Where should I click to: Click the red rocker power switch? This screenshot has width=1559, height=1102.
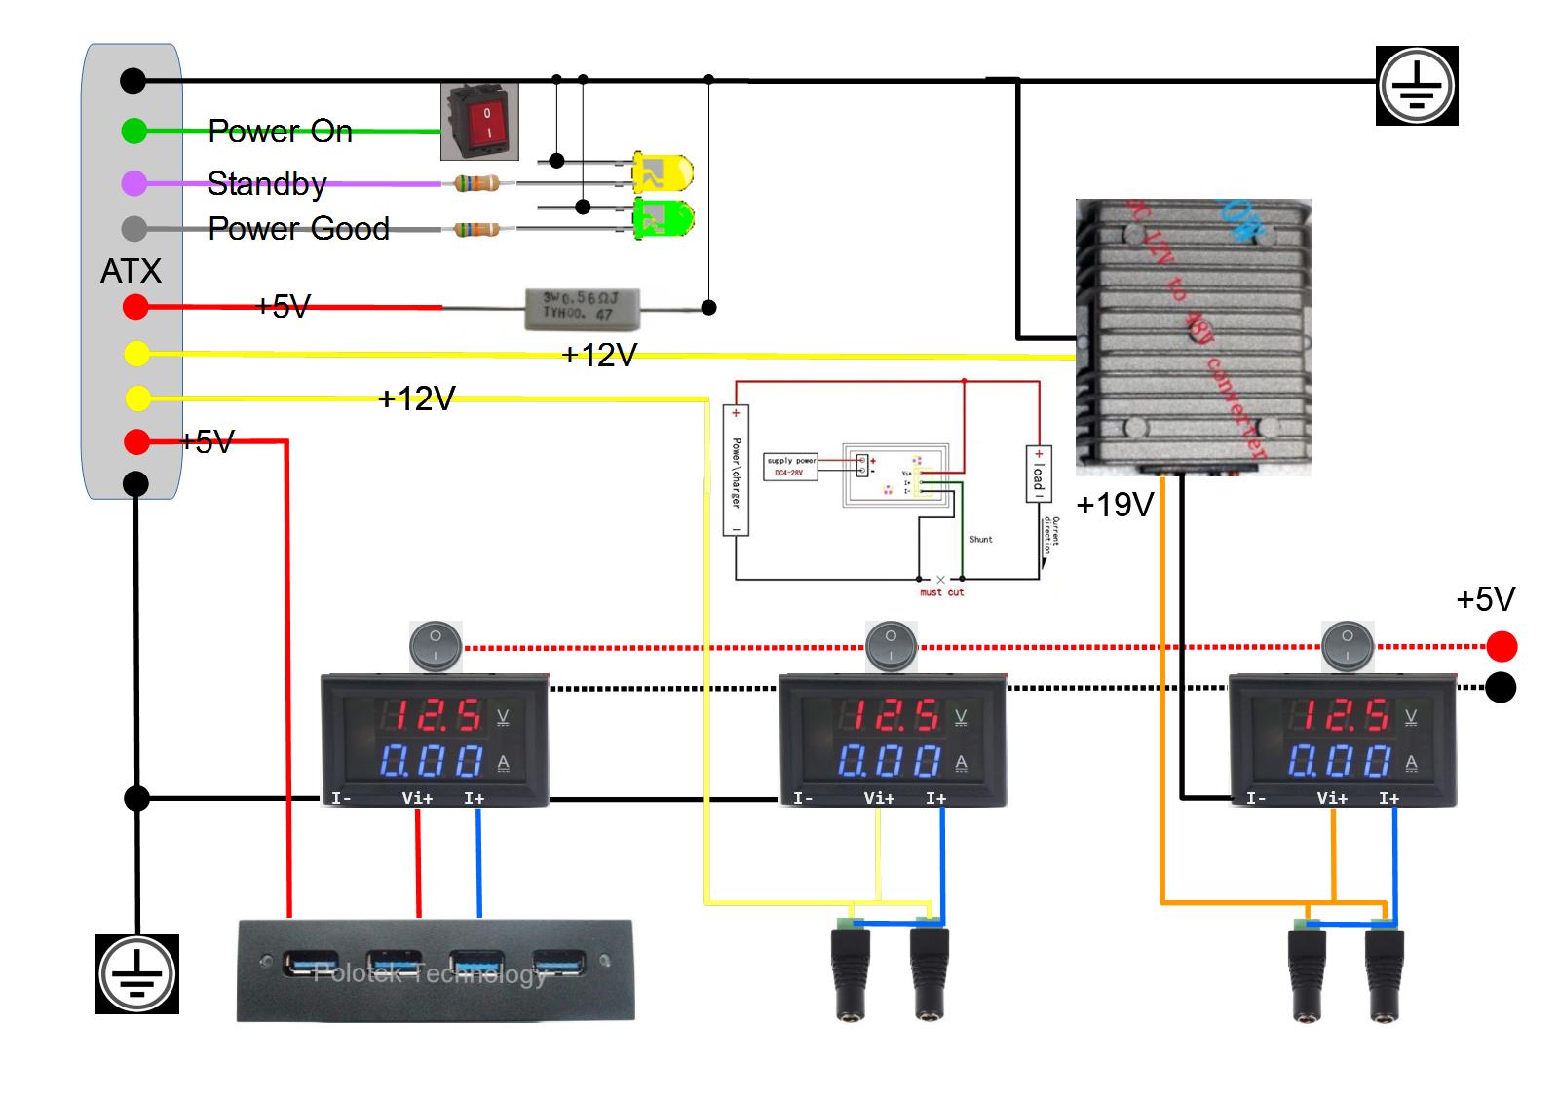pyautogui.click(x=479, y=122)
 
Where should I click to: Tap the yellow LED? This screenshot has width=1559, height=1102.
pyautogui.click(x=663, y=172)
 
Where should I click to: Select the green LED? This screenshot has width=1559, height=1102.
pyautogui.click(x=663, y=218)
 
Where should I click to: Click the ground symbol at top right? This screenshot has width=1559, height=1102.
pyautogui.click(x=1417, y=85)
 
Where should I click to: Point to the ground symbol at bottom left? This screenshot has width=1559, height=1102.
pyautogui.click(x=137, y=973)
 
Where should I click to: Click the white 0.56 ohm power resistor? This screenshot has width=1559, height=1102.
pyautogui.click(x=583, y=307)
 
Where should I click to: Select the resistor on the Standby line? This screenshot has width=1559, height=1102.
pyautogui.click(x=477, y=182)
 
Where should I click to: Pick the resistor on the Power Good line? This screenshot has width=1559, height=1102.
pyautogui.click(x=477, y=229)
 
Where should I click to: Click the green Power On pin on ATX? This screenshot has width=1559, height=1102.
pyautogui.click(x=134, y=131)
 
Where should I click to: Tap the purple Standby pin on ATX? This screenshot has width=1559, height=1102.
pyautogui.click(x=134, y=182)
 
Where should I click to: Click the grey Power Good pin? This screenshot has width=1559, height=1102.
pyautogui.click(x=134, y=229)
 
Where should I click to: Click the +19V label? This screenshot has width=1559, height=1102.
pyautogui.click(x=1115, y=505)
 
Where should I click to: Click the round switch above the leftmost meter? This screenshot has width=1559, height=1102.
pyautogui.click(x=435, y=645)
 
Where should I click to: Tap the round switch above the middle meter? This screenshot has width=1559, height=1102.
pyautogui.click(x=891, y=645)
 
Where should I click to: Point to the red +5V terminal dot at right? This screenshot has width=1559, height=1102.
pyautogui.click(x=1502, y=646)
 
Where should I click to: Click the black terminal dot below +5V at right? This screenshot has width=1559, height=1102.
pyautogui.click(x=1502, y=688)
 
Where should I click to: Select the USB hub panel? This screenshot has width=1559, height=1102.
pyautogui.click(x=436, y=970)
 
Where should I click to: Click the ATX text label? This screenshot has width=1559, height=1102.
pyautogui.click(x=131, y=271)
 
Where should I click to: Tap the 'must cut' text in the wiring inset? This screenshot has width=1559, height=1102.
pyautogui.click(x=941, y=592)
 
